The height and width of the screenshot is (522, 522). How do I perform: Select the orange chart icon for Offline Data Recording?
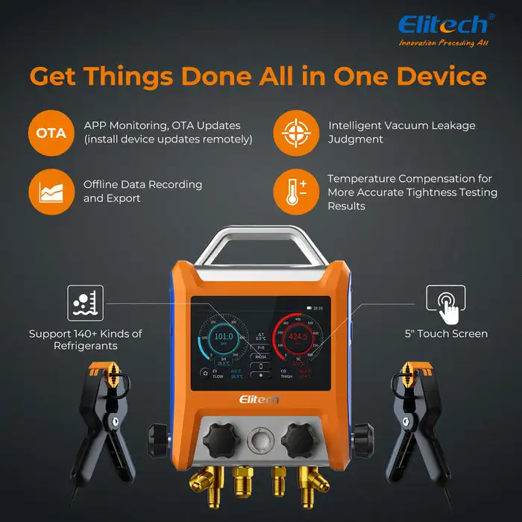(x=51, y=192)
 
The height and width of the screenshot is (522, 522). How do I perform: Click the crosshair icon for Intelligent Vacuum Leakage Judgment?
(x=295, y=132)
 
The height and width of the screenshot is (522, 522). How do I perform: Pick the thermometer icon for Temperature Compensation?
(x=295, y=192)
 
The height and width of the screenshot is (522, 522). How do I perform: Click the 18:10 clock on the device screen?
(x=318, y=306)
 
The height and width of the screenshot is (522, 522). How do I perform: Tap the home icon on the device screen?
(x=204, y=372)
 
